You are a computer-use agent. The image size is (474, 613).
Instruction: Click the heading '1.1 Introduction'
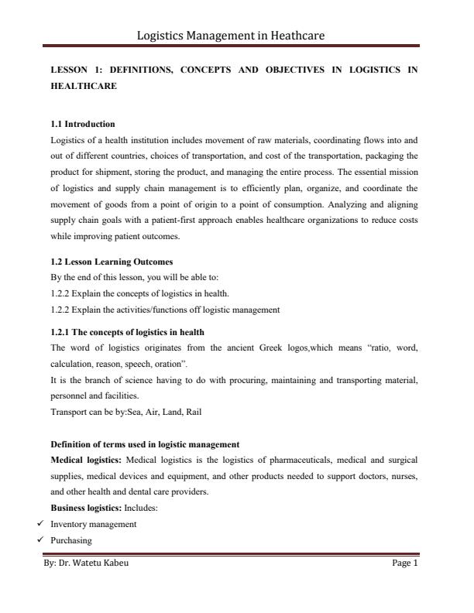pyautogui.click(x=82, y=124)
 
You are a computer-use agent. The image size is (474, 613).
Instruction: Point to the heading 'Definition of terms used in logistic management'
pyautogui.click(x=145, y=444)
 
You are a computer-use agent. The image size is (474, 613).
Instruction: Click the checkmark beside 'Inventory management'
pyautogui.click(x=39, y=524)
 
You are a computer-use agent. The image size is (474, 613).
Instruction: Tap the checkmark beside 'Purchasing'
pyautogui.click(x=39, y=539)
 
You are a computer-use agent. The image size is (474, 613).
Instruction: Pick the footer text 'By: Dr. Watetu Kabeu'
pyautogui.click(x=86, y=563)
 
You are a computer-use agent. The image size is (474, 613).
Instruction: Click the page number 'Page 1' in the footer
pyautogui.click(x=405, y=563)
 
